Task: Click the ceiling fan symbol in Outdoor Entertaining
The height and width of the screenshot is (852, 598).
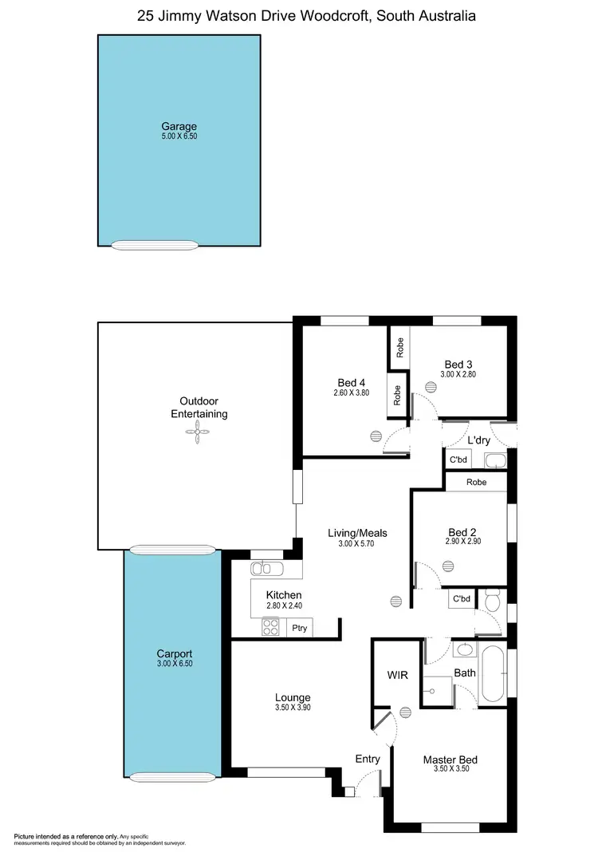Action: point(195,432)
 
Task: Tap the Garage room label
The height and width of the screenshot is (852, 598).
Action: point(179,126)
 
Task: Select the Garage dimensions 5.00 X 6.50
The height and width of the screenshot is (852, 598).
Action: point(179,136)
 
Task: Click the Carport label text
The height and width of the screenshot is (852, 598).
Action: point(174,653)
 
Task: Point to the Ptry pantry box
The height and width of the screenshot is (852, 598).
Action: point(299,629)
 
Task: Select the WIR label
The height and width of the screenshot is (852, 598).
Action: point(397,676)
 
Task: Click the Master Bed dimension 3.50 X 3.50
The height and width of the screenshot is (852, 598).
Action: point(450,771)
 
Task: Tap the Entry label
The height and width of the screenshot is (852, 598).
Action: point(368,759)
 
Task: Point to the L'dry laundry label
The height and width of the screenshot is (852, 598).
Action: point(478,440)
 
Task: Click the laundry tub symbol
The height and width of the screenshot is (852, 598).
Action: point(495,460)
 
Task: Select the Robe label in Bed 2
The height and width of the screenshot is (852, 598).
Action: point(476,482)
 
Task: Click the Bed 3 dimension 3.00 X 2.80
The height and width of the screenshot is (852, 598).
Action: point(458,374)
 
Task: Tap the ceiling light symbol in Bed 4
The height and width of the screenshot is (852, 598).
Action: point(376,436)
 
